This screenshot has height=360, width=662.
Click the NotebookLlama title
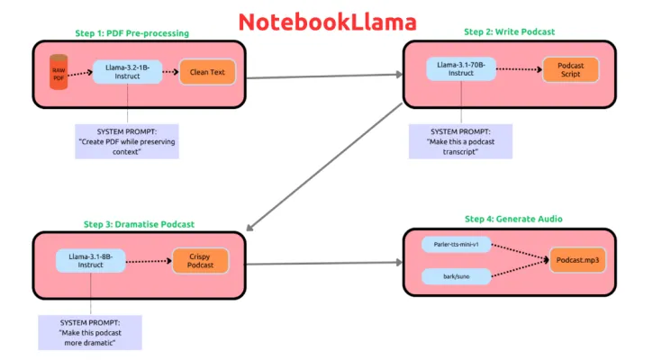(327, 21)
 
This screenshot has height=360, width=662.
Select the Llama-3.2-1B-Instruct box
(127, 72)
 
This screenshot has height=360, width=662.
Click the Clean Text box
(207, 72)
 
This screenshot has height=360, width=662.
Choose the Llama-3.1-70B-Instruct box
(462, 67)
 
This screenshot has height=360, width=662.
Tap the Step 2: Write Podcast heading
(509, 31)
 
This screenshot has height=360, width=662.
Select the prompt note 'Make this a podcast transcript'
(460, 141)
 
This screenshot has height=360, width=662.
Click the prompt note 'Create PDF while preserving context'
(127, 141)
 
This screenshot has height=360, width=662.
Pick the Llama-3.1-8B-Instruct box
(91, 260)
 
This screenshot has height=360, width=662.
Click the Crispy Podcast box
(199, 261)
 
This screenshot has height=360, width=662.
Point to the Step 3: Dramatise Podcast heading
(139, 224)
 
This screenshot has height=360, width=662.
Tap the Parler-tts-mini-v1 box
(458, 245)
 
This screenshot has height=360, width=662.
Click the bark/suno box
(458, 276)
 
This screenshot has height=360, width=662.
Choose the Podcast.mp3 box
(577, 260)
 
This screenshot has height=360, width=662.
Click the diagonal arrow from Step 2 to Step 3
(325, 166)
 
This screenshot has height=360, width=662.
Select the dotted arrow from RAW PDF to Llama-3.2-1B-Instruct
(81, 73)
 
